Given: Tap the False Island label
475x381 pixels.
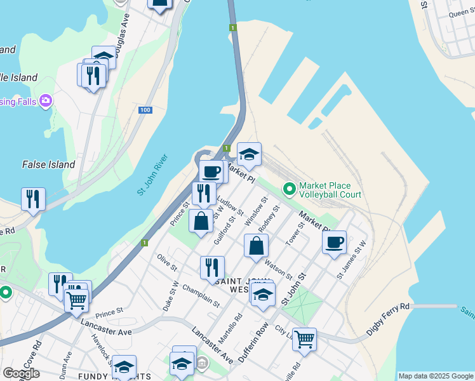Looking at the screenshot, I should click(x=48, y=164).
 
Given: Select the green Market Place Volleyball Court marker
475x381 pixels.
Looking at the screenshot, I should click(x=290, y=189).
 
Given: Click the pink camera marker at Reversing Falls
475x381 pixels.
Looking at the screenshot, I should click(x=45, y=100).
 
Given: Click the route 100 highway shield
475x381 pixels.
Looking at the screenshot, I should click(x=145, y=110).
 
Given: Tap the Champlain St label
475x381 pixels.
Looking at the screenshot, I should click(x=201, y=295).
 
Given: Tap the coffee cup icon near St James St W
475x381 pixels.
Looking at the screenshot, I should click(x=334, y=243).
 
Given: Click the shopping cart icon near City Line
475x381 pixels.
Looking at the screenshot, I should click(x=304, y=340).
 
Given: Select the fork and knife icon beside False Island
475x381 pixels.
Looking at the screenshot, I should click(x=33, y=199).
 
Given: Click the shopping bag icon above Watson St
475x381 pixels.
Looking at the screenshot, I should click(x=256, y=246).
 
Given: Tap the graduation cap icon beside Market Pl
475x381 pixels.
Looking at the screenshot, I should click(x=249, y=154).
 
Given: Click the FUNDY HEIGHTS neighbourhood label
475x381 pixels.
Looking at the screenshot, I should click(x=107, y=377).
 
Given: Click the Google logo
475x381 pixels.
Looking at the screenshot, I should click(x=21, y=373).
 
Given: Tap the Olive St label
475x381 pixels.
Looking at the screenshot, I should click(x=166, y=262).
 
